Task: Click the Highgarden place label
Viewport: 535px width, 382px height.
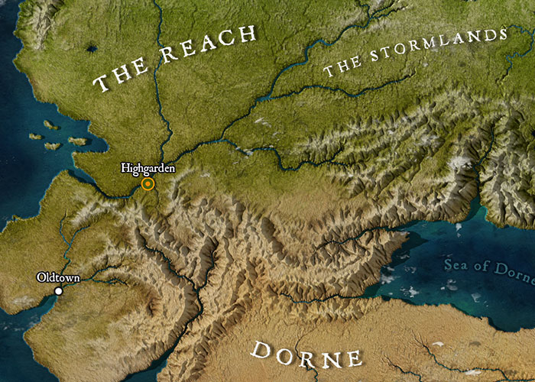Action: (x=148, y=167)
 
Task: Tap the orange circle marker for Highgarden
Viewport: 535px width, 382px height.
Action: (x=148, y=183)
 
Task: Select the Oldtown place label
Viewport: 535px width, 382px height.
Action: (x=58, y=278)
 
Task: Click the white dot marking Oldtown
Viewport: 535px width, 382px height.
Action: (x=58, y=291)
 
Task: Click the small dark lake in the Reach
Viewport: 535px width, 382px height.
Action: (x=92, y=50)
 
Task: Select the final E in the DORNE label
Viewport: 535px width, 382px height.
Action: (x=353, y=358)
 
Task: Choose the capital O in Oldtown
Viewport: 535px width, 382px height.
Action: (x=41, y=278)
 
